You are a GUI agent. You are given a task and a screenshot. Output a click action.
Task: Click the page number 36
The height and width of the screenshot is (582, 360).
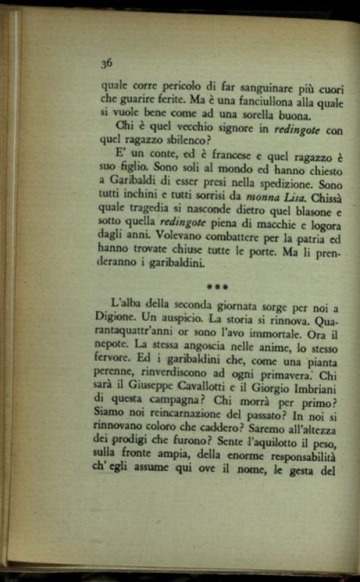tap(106, 63)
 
